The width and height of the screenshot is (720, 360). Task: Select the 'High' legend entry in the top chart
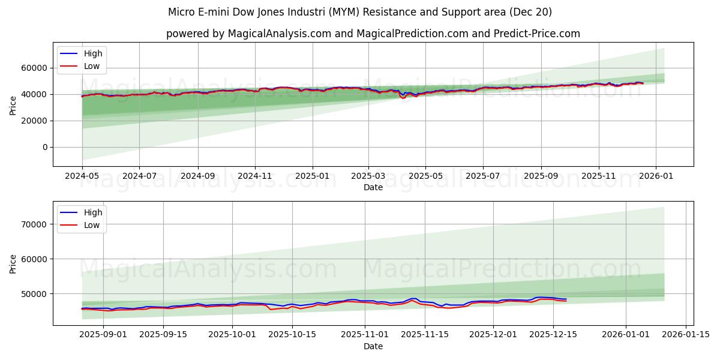coord(93,53)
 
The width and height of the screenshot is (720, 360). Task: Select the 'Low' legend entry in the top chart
coord(92,67)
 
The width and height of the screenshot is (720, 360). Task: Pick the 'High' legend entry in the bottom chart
coord(93,212)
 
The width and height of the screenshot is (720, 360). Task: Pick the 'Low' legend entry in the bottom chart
coord(92,226)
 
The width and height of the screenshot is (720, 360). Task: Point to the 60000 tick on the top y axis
coord(34,68)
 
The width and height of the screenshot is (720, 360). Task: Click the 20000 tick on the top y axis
coord(34,121)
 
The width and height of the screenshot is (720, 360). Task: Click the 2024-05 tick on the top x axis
coord(82,176)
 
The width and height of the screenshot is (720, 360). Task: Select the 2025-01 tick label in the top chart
coord(312,176)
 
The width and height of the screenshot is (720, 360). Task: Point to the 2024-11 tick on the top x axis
coord(255,176)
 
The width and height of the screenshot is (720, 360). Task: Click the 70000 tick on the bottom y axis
coord(34,224)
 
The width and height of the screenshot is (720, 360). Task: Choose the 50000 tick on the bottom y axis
coord(34,294)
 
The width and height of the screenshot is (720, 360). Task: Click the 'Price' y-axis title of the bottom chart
coord(13,263)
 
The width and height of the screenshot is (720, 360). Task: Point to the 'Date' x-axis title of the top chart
coord(373,187)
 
